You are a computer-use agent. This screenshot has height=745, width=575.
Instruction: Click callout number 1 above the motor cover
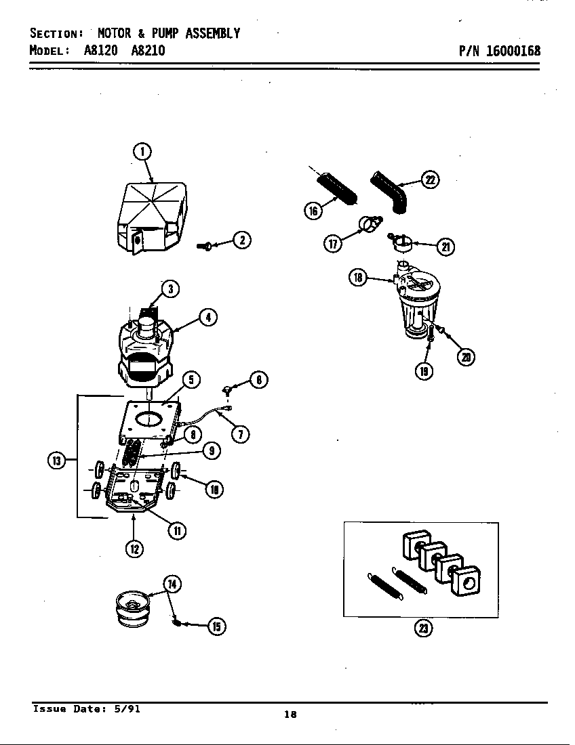(x=141, y=152)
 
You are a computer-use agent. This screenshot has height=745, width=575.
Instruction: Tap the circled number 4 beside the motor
(x=208, y=317)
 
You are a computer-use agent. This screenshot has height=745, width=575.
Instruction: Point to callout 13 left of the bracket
(x=56, y=461)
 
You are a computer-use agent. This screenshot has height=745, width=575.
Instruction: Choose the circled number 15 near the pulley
(x=216, y=626)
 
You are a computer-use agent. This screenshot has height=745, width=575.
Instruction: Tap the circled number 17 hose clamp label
(x=333, y=244)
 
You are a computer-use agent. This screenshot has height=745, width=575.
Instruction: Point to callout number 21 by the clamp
(x=445, y=247)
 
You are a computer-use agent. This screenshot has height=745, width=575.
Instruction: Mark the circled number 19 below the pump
(x=424, y=370)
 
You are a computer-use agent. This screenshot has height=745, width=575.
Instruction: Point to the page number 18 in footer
(x=290, y=715)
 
